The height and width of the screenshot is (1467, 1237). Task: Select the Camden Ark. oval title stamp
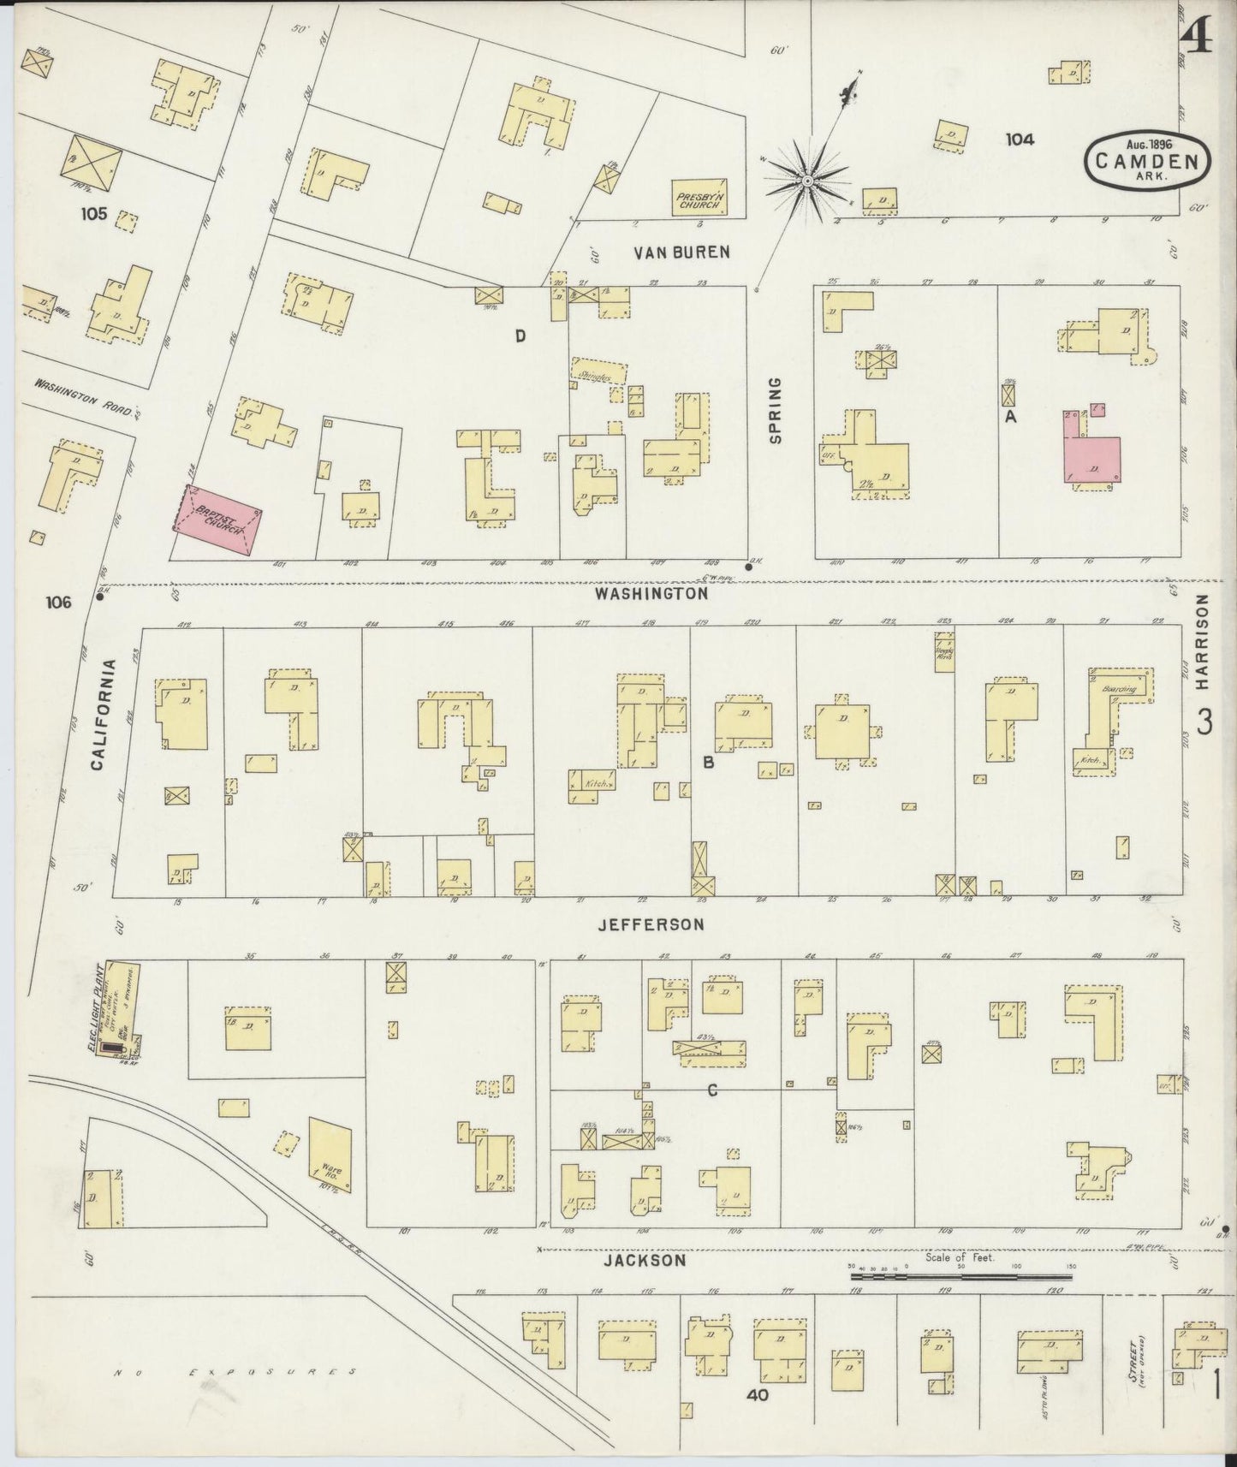click(1148, 160)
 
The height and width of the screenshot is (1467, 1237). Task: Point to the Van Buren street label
click(681, 252)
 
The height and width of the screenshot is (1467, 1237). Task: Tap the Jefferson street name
click(651, 924)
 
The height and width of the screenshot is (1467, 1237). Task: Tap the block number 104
click(1020, 140)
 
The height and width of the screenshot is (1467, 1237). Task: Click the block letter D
click(520, 336)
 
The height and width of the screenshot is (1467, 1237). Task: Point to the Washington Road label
click(86, 397)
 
